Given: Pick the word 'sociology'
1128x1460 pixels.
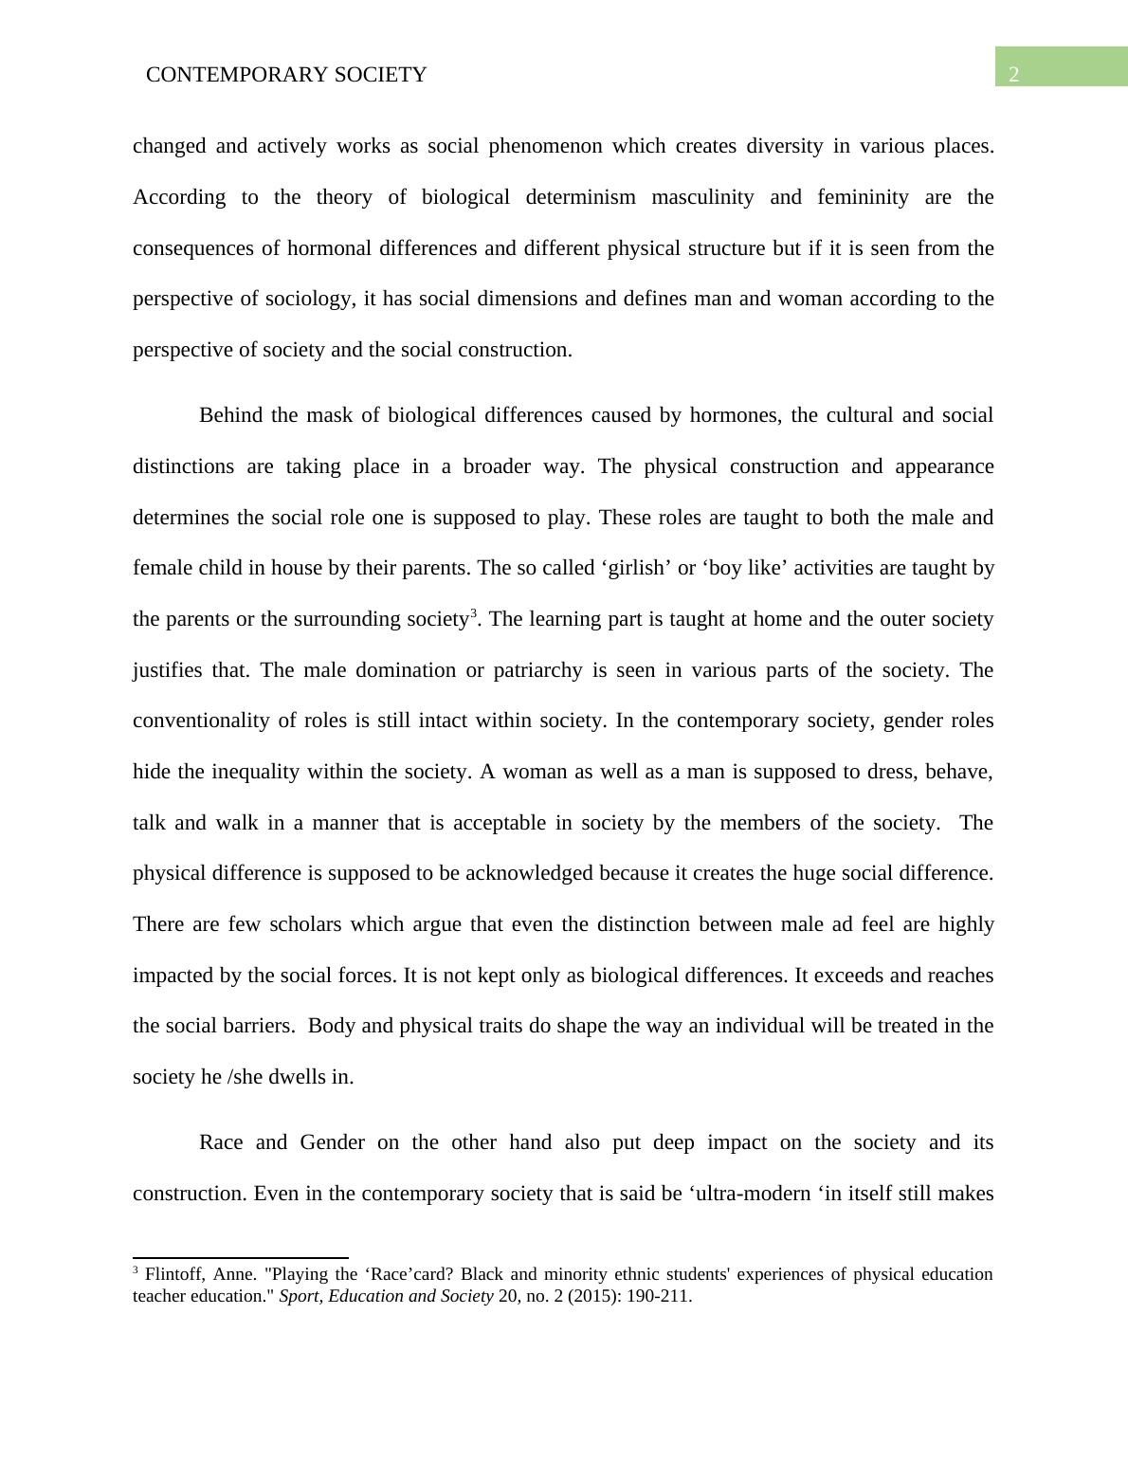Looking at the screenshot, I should pyautogui.click(x=309, y=299).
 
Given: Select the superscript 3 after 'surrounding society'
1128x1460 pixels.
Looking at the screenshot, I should pyautogui.click(x=474, y=613).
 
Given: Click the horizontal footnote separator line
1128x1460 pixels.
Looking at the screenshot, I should pyautogui.click(x=241, y=1257).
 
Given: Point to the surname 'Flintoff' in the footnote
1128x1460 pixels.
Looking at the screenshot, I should pyautogui.click(x=172, y=1275).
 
